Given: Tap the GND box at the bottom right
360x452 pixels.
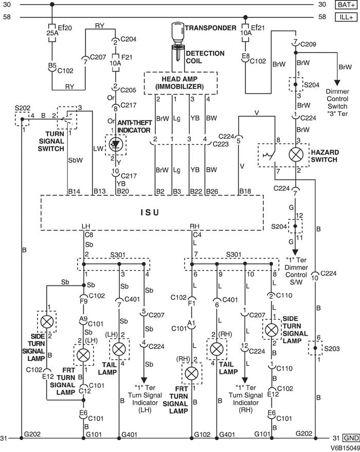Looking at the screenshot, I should (349, 438).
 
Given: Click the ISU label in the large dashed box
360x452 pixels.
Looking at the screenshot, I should (150, 212).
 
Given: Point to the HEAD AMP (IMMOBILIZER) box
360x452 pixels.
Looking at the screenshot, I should (180, 82).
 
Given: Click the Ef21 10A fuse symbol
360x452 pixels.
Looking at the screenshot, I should (246, 32).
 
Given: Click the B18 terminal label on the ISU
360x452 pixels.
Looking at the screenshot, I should (246, 192).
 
